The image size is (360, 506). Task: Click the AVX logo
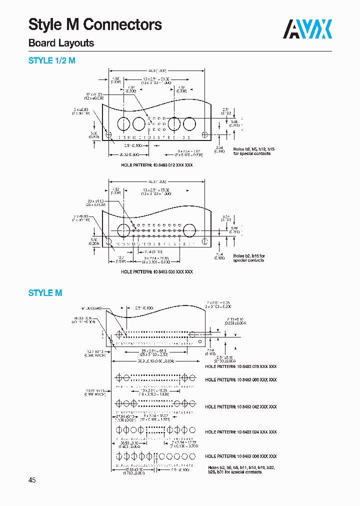tap(308, 29)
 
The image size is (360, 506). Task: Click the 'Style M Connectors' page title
tap(95, 24)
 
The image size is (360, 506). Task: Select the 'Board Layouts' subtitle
tap(61, 43)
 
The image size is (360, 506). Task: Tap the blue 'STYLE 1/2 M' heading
tap(52, 61)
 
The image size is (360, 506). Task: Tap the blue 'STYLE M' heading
tap(45, 293)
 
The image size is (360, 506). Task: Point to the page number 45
tap(32, 480)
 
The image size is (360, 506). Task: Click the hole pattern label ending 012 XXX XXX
tap(156, 164)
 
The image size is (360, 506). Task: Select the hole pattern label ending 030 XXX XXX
tap(156, 271)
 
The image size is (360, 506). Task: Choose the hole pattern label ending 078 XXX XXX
tap(240, 366)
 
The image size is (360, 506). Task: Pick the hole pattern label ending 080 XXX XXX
tap(240, 380)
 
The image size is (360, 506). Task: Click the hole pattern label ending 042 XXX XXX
tap(240, 407)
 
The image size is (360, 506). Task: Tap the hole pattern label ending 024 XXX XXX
tap(240, 432)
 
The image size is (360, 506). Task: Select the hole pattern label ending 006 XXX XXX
tap(240, 456)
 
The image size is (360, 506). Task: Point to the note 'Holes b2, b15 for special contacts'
tap(249, 258)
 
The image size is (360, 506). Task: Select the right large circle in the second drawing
tap(189, 230)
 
